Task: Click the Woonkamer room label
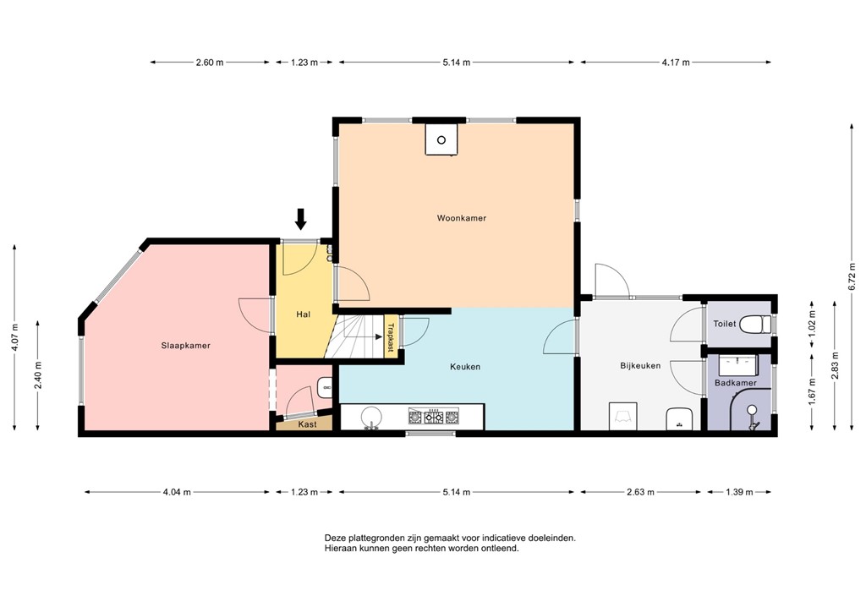click(x=461, y=218)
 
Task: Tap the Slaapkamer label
click(x=185, y=346)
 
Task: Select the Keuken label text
click(x=465, y=366)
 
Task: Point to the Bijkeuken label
click(x=640, y=365)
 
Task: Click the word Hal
click(x=304, y=314)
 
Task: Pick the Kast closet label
click(x=308, y=424)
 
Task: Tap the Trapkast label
click(x=391, y=337)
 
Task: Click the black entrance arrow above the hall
click(x=300, y=219)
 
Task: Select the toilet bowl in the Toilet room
click(x=755, y=324)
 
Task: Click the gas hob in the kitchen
click(x=434, y=417)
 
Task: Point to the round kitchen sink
click(x=372, y=416)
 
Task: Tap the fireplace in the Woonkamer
click(x=441, y=139)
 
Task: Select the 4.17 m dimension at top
click(x=676, y=63)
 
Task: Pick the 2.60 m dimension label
click(x=210, y=63)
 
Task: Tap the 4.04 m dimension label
click(x=177, y=492)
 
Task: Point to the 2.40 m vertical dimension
click(x=38, y=374)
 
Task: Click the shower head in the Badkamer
click(x=752, y=410)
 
